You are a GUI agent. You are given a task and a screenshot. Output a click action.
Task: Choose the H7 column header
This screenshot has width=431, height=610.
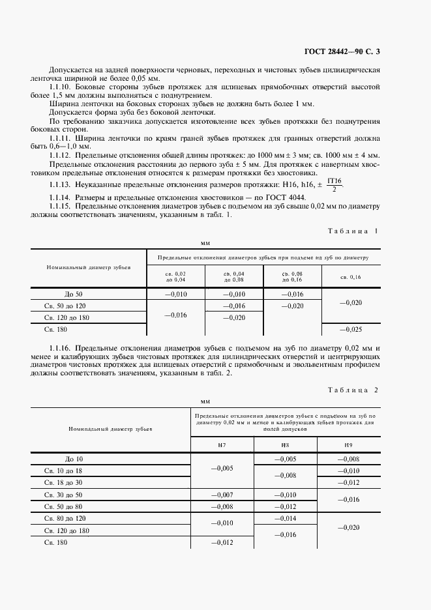point(222,444)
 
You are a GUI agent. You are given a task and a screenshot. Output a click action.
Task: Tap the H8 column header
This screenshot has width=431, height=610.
point(285,444)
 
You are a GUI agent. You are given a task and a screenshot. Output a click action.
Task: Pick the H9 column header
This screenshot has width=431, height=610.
point(348,444)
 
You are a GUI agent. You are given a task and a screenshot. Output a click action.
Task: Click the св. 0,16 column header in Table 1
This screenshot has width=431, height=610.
point(350,277)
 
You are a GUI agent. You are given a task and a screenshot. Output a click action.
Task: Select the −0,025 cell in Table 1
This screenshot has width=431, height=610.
point(350,330)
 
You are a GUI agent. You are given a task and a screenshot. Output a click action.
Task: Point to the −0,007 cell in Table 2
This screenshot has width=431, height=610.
point(222,495)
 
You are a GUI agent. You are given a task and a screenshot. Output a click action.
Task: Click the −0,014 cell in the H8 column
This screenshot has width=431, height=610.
point(285,518)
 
